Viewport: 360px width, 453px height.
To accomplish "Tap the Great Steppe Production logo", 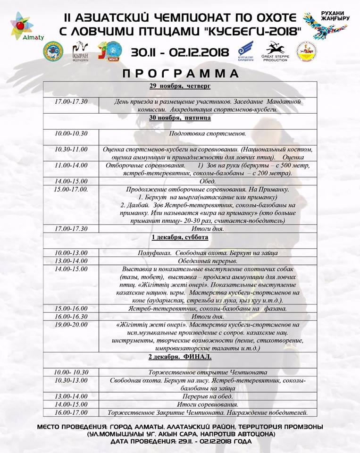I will tap(275, 51).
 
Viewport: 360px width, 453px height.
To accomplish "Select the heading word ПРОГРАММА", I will tap(180, 74).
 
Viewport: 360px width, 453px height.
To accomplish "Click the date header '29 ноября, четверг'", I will tap(180, 86).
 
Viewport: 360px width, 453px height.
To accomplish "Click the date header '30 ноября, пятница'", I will tap(180, 118).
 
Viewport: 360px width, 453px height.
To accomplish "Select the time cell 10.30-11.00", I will tap(71, 149).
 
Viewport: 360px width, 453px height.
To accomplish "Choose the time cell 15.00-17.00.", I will tap(71, 189).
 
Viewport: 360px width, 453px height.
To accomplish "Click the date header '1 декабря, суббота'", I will tap(180, 237).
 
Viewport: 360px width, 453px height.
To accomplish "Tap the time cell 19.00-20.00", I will tap(71, 325).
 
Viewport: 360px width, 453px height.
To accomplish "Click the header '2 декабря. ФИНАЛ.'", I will tap(180, 356).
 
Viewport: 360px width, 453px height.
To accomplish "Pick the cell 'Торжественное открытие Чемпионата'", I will tap(208, 372).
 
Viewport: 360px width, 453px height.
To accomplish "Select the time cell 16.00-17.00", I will tap(71, 412).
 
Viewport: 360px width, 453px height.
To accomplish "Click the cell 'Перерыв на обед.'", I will tap(208, 396).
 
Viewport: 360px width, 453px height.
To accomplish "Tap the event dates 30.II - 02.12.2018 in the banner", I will tap(181, 51).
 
